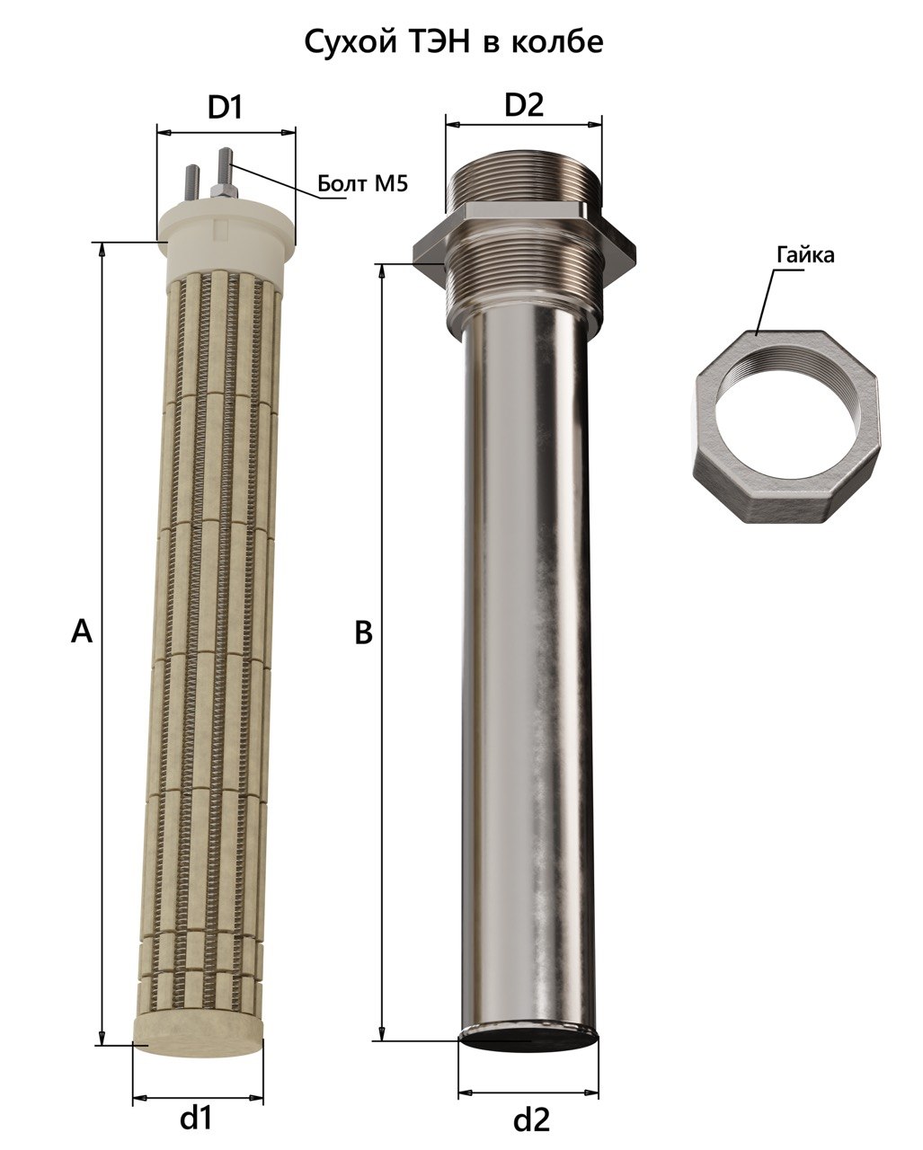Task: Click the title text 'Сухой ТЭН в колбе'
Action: click(454, 42)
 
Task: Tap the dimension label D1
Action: click(226, 108)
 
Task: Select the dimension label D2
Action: click(524, 104)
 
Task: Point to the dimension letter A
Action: click(81, 632)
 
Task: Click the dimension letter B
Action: click(364, 632)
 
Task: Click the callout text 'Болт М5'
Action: click(362, 183)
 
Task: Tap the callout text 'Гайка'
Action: click(805, 255)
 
